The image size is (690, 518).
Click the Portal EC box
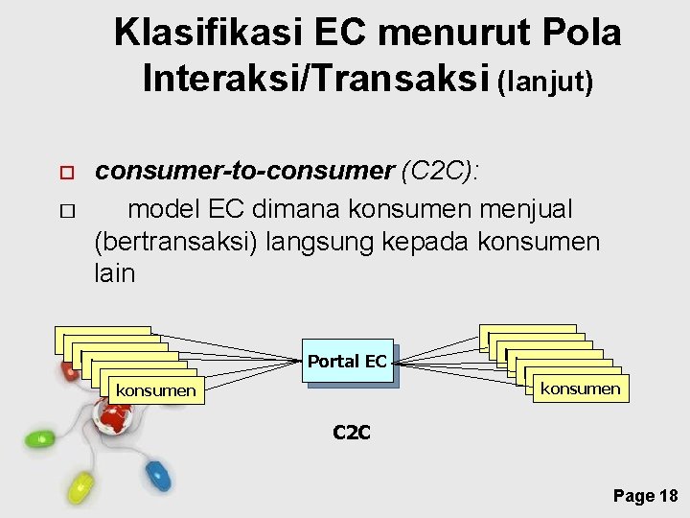tap(347, 362)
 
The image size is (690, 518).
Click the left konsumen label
tap(155, 390)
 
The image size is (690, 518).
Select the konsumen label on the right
tap(580, 388)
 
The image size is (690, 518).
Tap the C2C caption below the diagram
tap(351, 433)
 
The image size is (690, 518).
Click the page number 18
tap(669, 496)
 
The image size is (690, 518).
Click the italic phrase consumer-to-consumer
tap(244, 172)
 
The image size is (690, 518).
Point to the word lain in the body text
tap(115, 274)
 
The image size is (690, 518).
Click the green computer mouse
tap(41, 439)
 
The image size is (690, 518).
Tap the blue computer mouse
tap(156, 471)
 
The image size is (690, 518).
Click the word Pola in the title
tap(578, 34)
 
